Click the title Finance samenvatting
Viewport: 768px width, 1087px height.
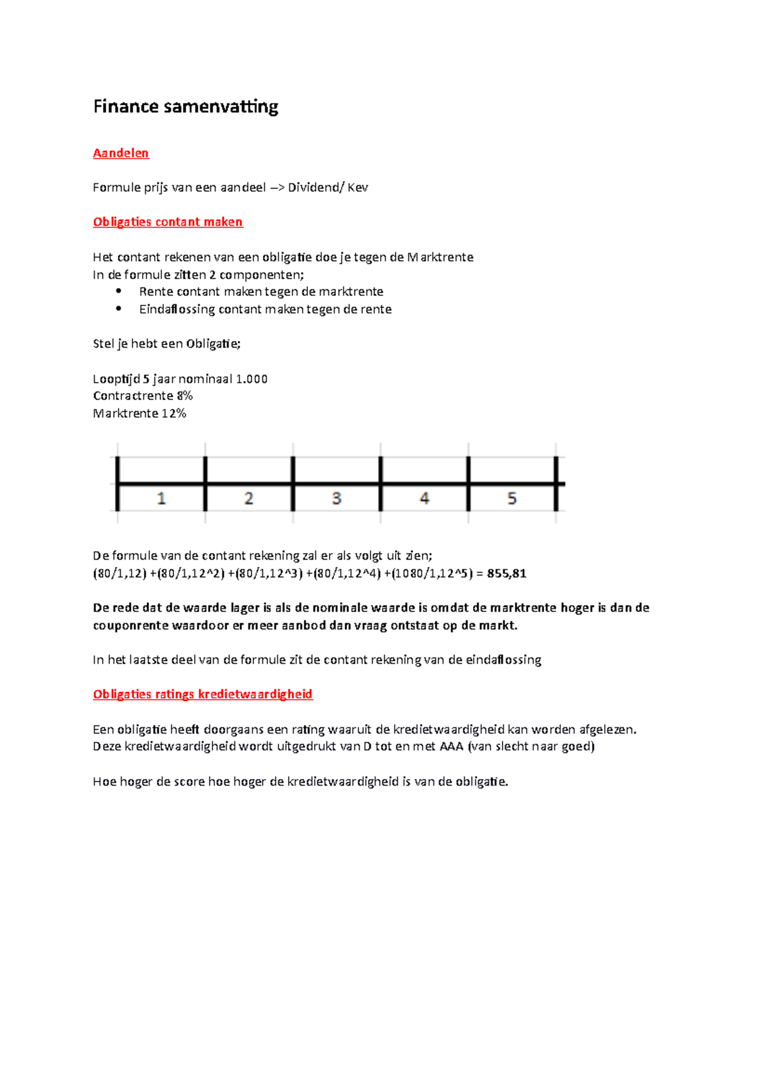pos(186,106)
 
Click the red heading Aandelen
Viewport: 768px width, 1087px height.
pos(121,153)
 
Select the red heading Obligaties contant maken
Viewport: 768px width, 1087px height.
pos(168,222)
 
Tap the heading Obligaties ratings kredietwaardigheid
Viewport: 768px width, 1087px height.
pos(202,695)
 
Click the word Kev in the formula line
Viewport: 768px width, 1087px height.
pos(358,188)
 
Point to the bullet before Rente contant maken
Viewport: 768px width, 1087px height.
pos(118,291)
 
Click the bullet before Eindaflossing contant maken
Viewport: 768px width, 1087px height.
pos(118,309)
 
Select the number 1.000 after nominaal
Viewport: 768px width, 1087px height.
pos(252,379)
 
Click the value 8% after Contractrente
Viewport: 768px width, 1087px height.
pos(184,396)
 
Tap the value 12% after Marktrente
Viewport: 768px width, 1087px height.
pos(173,414)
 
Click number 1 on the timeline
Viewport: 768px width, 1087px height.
pos(161,498)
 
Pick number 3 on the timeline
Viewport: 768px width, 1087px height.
pos(337,498)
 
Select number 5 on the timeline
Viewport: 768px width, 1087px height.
pos(512,498)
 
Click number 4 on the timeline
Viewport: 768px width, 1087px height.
pos(424,498)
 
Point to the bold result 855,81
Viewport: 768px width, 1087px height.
pos(506,574)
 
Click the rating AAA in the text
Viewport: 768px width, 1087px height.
pos(451,746)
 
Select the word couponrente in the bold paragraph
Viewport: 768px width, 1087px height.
pos(131,625)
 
